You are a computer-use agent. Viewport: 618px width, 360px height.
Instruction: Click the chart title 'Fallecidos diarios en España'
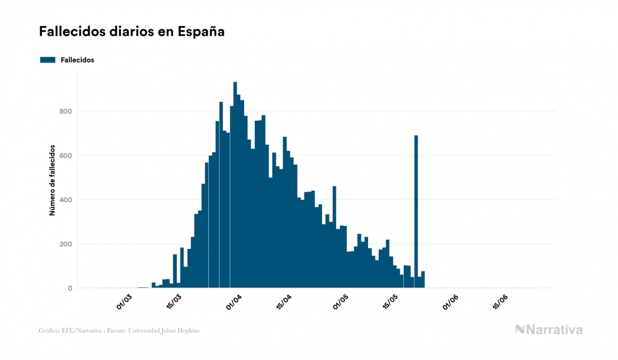pos(131,32)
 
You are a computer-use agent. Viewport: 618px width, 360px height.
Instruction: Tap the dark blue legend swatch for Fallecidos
pos(48,60)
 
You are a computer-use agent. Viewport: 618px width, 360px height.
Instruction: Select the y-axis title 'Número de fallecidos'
pos(52,179)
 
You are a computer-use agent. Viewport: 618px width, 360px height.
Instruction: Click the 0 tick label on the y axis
pos(69,288)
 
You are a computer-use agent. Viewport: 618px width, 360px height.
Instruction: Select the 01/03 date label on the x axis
pos(124,302)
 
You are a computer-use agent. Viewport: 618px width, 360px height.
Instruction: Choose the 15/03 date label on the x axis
pos(174,302)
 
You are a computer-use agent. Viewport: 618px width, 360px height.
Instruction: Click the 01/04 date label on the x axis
pos(234,302)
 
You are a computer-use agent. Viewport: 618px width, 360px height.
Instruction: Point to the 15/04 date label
pos(284,302)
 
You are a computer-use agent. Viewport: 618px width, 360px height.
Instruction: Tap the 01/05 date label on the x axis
pos(341,302)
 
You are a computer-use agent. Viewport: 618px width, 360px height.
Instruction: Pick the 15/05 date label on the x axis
pos(390,302)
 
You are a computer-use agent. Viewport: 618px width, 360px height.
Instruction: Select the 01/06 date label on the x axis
pos(451,302)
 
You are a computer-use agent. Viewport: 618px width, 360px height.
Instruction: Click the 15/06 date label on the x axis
pos(500,302)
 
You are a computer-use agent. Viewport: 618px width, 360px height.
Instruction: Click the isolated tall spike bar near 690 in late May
pos(416,214)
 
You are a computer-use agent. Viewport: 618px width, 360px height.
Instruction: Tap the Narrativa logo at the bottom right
pos(549,330)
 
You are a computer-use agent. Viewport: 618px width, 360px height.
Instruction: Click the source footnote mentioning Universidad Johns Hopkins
pos(119,331)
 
